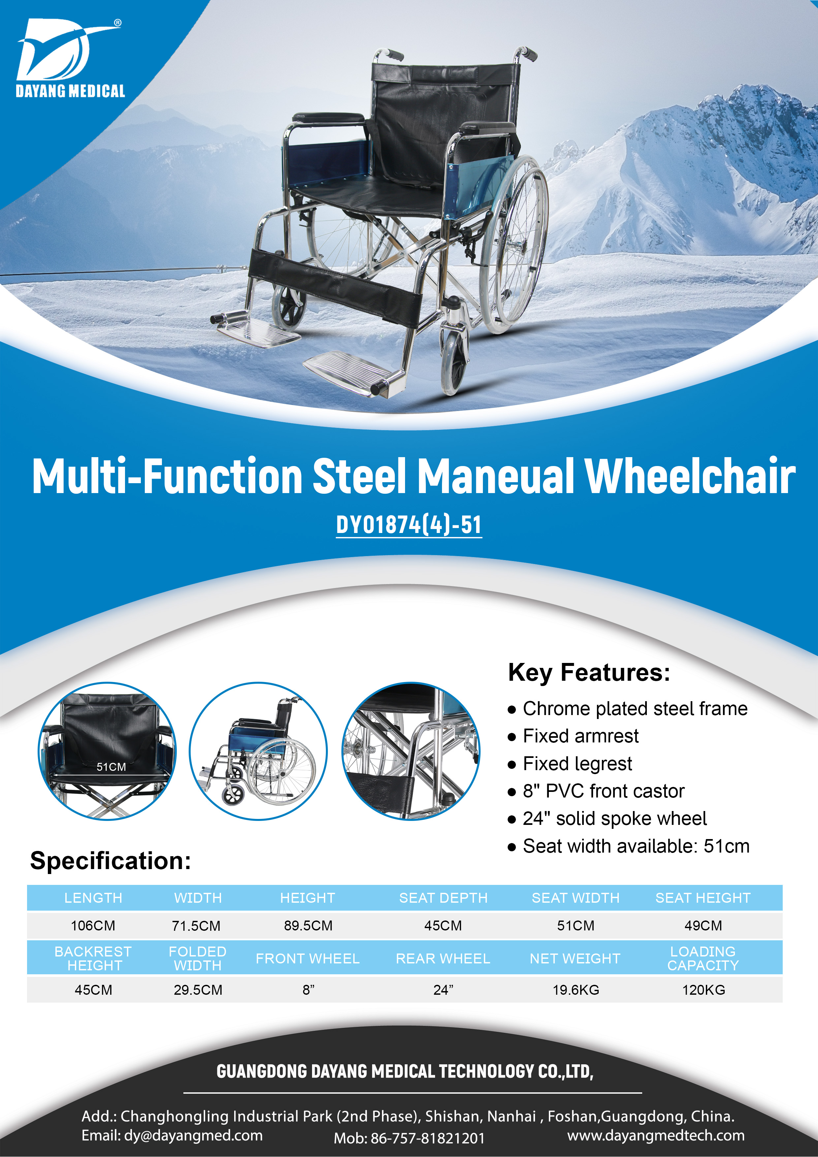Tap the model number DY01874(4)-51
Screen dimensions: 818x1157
click(x=409, y=525)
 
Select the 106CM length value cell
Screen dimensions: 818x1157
click(x=93, y=926)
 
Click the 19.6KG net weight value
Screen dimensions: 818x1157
click(x=576, y=990)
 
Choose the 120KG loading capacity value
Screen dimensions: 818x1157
click(x=704, y=990)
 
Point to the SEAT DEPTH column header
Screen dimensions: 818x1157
click(x=444, y=898)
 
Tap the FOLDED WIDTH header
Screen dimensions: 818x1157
click(x=198, y=958)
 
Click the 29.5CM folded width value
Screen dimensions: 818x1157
click(x=198, y=990)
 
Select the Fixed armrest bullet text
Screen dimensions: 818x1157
click(x=581, y=736)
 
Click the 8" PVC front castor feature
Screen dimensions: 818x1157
click(x=604, y=791)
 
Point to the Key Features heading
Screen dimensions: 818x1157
click(x=589, y=673)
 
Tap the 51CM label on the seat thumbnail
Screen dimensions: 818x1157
click(x=111, y=767)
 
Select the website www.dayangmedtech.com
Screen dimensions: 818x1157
click(x=656, y=1135)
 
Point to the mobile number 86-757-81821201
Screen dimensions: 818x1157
click(x=428, y=1138)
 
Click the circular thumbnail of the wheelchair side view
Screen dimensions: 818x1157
click(x=258, y=751)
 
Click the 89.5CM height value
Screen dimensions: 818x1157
click(x=308, y=926)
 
